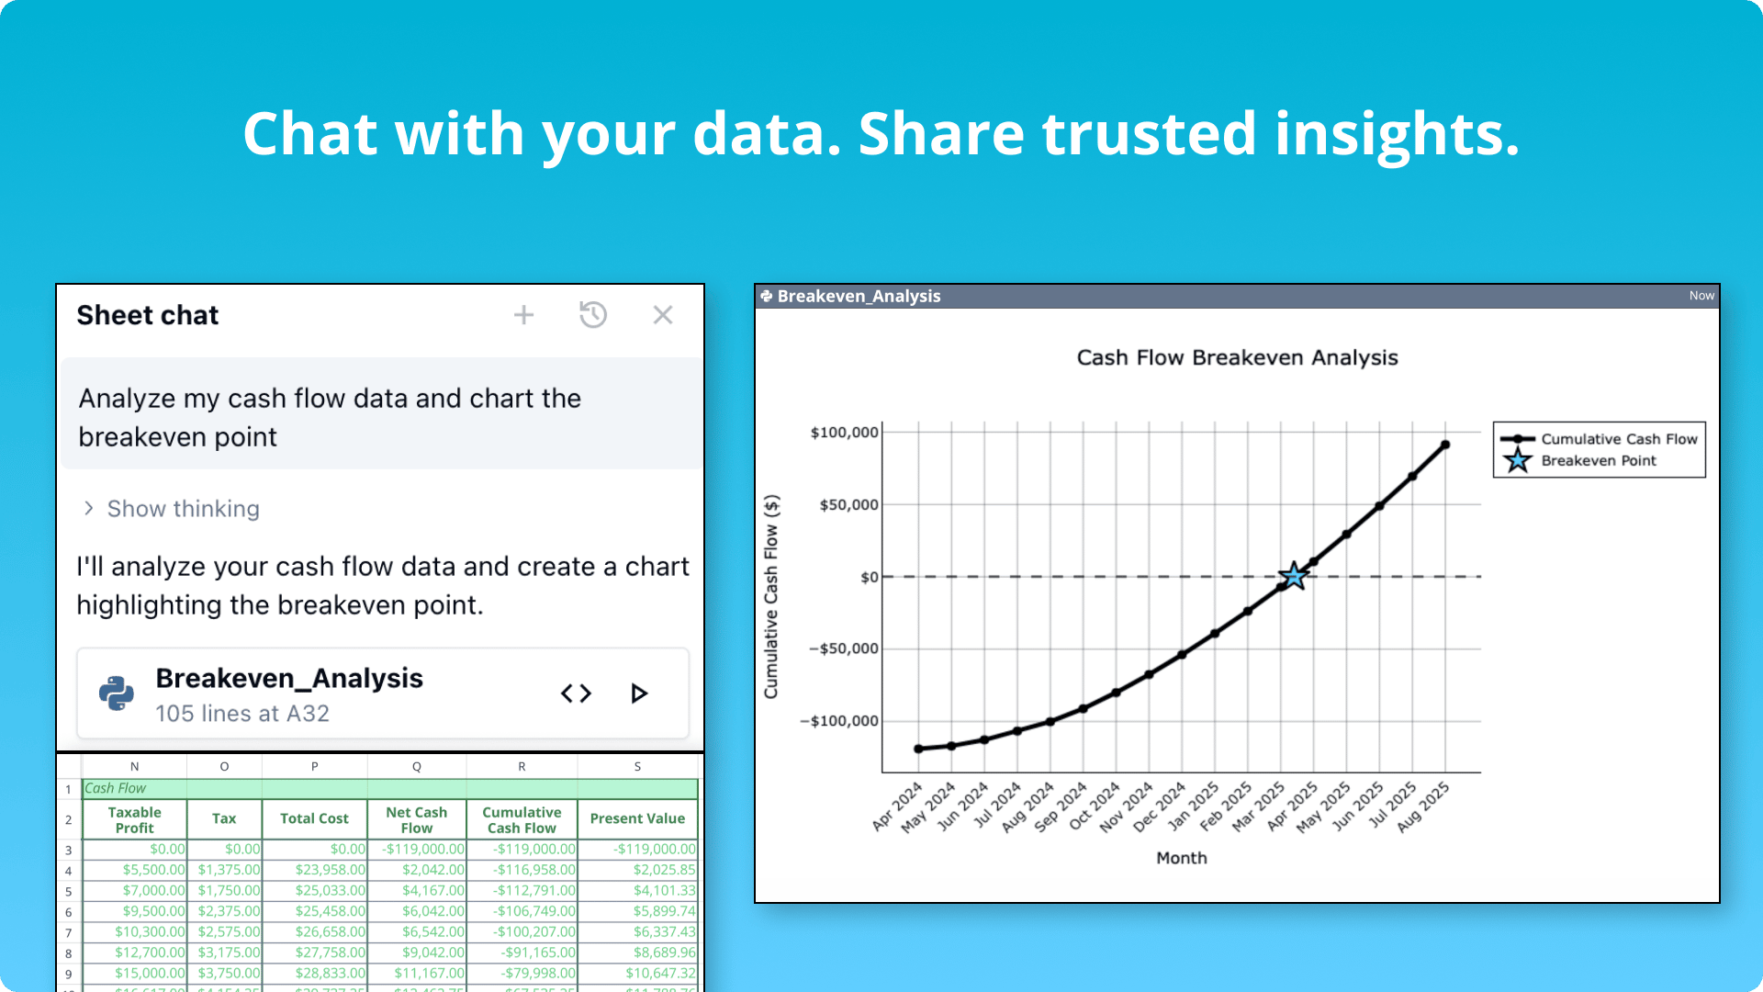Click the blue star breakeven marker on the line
[x=1293, y=576]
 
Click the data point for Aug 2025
[x=1445, y=445]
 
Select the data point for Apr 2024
[x=918, y=749]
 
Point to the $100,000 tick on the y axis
[x=844, y=433]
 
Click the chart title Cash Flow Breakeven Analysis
[x=1237, y=357]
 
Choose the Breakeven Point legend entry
[x=1599, y=460]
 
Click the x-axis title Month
[x=1182, y=858]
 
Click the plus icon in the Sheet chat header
[x=523, y=315]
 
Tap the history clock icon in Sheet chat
[x=593, y=315]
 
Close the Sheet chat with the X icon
[x=663, y=315]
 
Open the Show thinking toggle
[x=172, y=509]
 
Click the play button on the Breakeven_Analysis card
[x=639, y=693]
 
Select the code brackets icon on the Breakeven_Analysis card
[x=576, y=693]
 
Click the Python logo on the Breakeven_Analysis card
[x=117, y=693]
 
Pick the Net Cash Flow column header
[x=417, y=819]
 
